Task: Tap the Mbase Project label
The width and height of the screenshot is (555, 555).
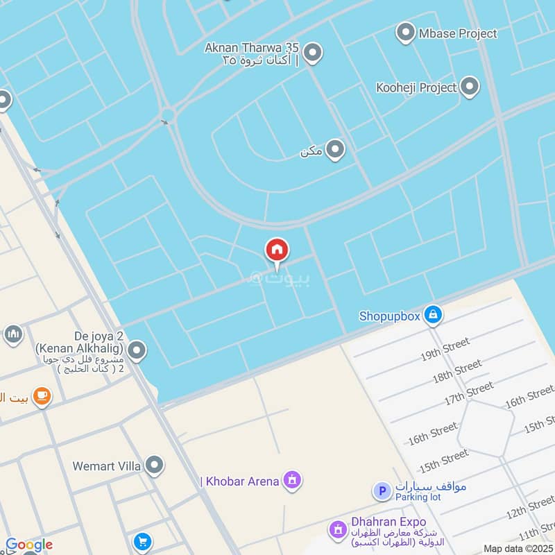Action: pyautogui.click(x=458, y=33)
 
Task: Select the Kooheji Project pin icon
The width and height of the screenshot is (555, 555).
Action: pyautogui.click(x=470, y=87)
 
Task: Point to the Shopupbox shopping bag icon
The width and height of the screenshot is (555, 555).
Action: pyautogui.click(x=434, y=315)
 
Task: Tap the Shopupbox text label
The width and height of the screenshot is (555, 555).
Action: pyautogui.click(x=389, y=316)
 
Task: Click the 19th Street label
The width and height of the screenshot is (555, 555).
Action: pyautogui.click(x=445, y=350)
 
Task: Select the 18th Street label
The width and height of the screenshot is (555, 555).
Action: pyautogui.click(x=456, y=372)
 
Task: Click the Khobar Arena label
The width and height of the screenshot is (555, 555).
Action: pyautogui.click(x=239, y=481)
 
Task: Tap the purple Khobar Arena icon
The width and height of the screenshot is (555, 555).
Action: pyautogui.click(x=293, y=480)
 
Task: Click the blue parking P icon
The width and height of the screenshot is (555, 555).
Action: pyautogui.click(x=381, y=491)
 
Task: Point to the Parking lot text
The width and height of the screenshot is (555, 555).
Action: pyautogui.click(x=418, y=497)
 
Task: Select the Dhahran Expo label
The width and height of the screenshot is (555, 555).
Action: pyautogui.click(x=387, y=522)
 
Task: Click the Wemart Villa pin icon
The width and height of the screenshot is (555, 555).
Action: pyautogui.click(x=154, y=466)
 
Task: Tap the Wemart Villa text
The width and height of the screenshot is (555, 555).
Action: pyautogui.click(x=107, y=466)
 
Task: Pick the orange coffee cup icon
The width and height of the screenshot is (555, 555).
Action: pyautogui.click(x=42, y=397)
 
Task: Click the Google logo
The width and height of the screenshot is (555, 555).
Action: pyautogui.click(x=28, y=545)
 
